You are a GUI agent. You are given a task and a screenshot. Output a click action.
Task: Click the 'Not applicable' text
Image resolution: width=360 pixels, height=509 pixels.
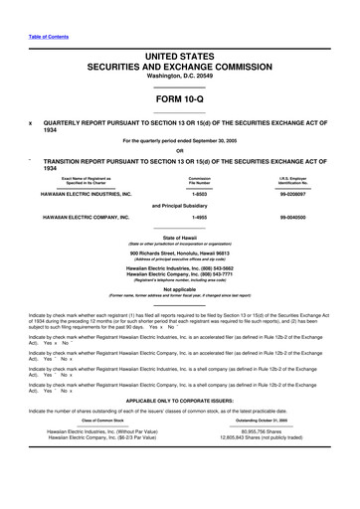[179, 317]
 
